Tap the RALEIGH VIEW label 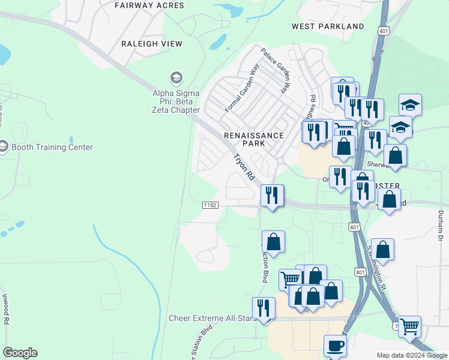coord(151,44)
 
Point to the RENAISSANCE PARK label coord(253,139)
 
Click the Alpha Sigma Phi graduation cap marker coord(176,78)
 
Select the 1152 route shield coord(209,205)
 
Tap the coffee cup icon coord(336,346)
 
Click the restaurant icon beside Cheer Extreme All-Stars coord(264,308)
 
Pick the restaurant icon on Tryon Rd coord(272,195)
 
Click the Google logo coord(20,353)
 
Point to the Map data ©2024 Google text coord(412,355)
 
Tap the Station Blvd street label coord(199,345)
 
